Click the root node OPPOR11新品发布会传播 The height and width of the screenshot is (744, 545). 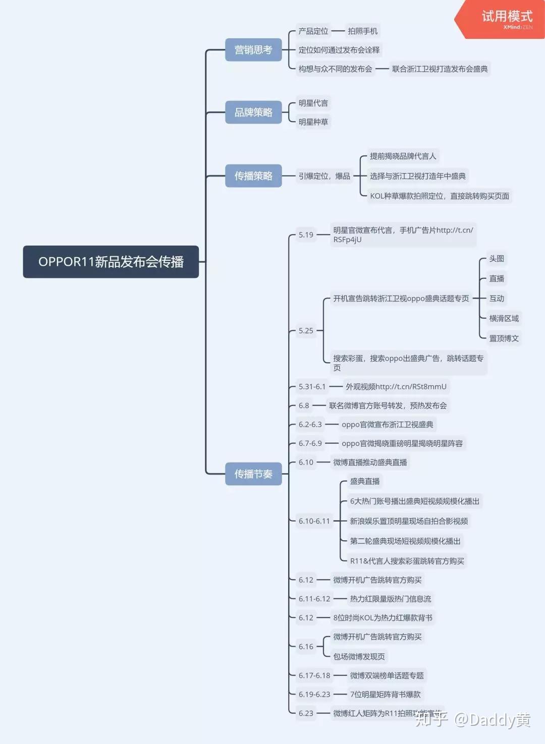(x=111, y=262)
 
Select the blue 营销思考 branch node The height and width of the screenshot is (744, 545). (x=253, y=50)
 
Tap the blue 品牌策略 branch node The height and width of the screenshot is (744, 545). (x=253, y=112)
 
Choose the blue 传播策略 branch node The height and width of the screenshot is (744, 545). (x=253, y=176)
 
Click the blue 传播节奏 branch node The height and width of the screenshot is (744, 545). (x=253, y=474)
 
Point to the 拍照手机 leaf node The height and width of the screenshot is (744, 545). (x=362, y=31)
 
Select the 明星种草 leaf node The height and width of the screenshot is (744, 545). (x=313, y=122)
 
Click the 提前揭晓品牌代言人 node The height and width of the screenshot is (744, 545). (x=403, y=156)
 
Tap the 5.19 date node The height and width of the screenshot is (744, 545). (x=306, y=235)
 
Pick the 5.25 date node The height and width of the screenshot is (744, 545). (x=306, y=331)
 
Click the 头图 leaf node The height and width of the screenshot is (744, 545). (x=497, y=259)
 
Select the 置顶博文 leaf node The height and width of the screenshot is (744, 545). (x=504, y=338)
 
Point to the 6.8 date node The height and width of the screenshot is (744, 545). (x=304, y=406)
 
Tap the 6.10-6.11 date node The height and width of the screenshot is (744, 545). (x=314, y=521)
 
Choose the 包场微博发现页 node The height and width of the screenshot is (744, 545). (x=359, y=657)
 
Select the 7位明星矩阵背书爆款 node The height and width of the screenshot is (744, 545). (x=385, y=695)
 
